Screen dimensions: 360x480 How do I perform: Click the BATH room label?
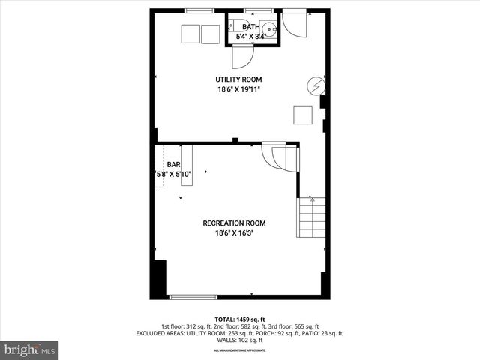click(251, 27)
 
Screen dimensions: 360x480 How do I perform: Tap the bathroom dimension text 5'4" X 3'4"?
click(251, 36)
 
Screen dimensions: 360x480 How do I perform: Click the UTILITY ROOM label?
click(238, 79)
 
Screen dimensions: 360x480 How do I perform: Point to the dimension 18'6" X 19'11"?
click(238, 89)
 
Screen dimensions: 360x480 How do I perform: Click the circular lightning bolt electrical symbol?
click(318, 85)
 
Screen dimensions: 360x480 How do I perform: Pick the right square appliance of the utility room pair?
click(211, 34)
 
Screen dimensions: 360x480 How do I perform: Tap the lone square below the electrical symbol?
click(302, 115)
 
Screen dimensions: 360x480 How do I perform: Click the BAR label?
click(173, 164)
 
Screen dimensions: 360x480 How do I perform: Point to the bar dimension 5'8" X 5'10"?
click(174, 175)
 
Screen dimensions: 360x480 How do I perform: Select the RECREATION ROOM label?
click(234, 223)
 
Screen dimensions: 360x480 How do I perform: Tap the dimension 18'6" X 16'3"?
click(234, 233)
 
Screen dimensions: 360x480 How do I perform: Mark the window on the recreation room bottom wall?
click(193, 297)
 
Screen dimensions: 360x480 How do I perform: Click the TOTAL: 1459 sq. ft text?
click(239, 319)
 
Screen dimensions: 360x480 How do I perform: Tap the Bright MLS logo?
click(30, 349)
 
